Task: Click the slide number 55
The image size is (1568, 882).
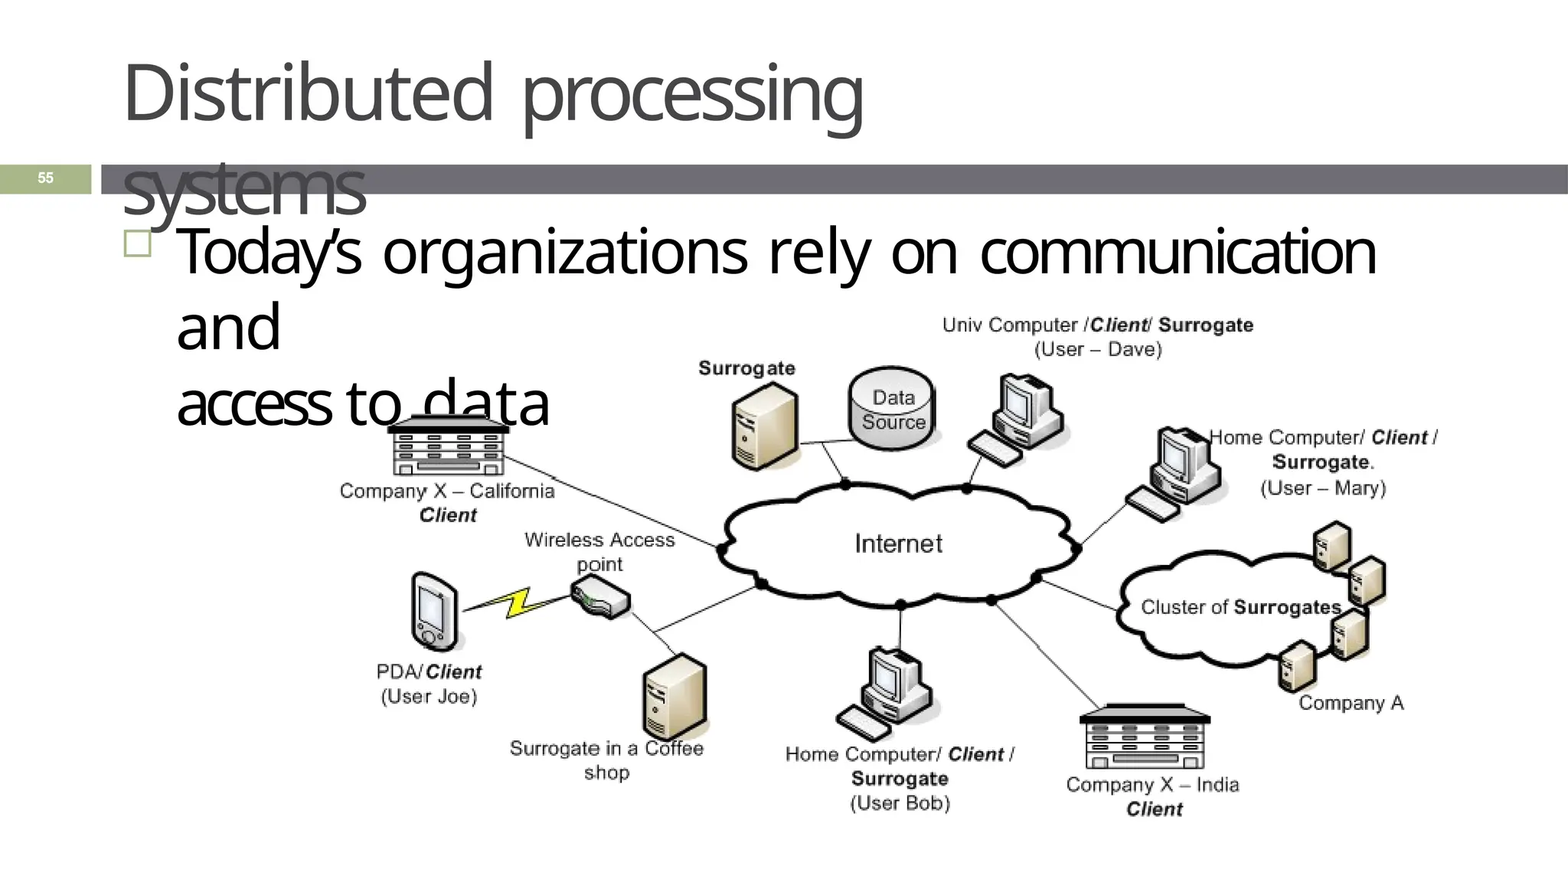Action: (45, 178)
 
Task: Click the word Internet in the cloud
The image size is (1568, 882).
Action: (898, 544)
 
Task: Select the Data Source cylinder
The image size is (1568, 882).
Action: (892, 410)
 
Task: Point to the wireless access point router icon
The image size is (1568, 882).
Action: (601, 597)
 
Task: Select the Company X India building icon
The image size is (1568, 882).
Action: (1145, 737)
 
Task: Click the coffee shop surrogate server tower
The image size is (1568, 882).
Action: (674, 696)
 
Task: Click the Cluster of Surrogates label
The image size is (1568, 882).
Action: (1240, 608)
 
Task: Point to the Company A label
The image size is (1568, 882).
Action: (1351, 703)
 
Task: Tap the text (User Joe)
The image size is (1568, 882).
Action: (429, 697)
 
